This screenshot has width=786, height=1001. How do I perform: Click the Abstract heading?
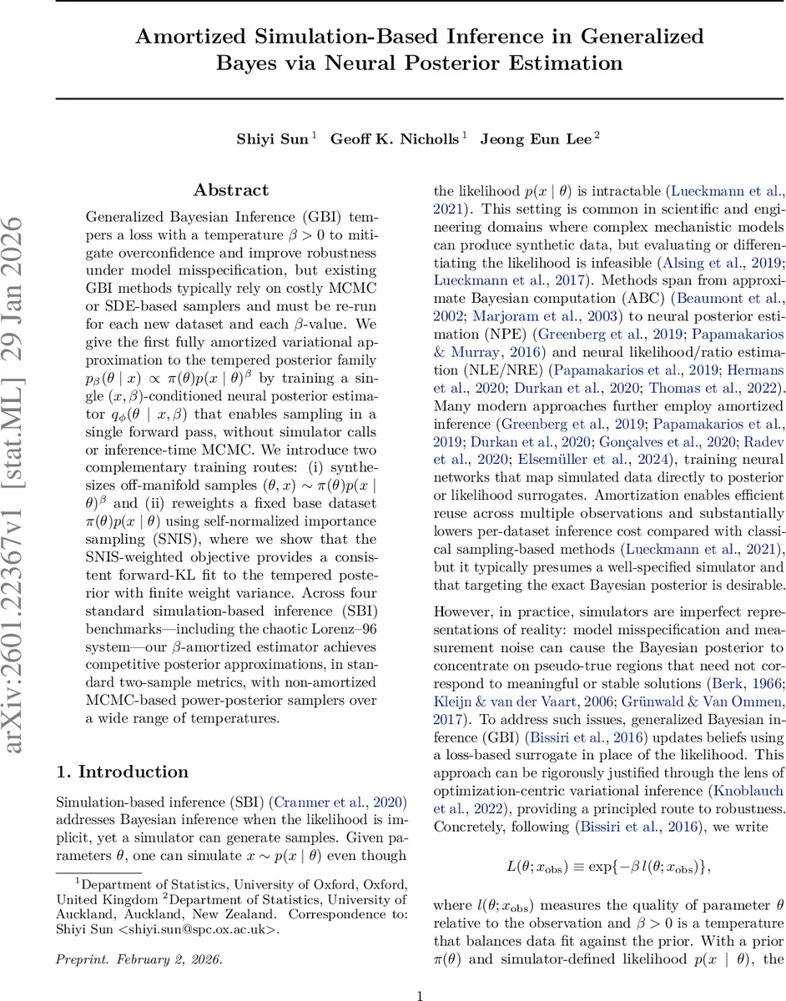(x=231, y=191)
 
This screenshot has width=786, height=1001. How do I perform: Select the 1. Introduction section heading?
(x=122, y=772)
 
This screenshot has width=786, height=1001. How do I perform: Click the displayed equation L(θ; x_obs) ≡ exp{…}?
(x=608, y=867)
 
